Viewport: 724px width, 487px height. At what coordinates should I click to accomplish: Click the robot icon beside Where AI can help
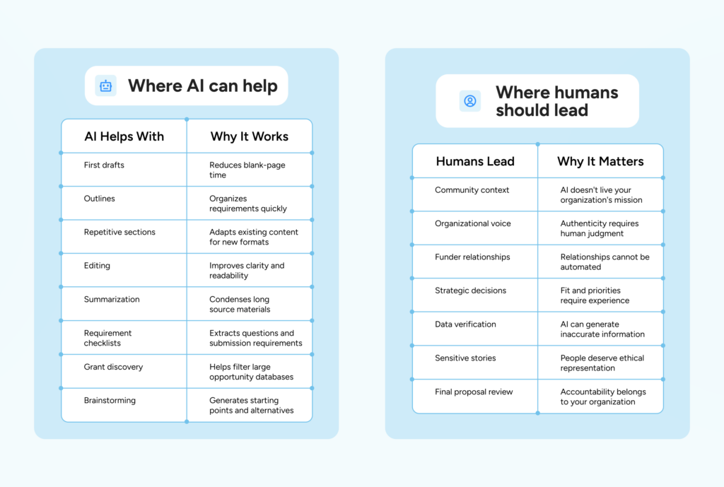pos(106,86)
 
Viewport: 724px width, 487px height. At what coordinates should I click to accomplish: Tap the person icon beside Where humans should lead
pos(470,101)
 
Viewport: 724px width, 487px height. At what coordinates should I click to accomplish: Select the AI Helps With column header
pos(124,136)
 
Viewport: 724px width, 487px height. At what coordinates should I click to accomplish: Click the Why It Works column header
pos(250,136)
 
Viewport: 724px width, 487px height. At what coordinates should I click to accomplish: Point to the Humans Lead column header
pos(475,162)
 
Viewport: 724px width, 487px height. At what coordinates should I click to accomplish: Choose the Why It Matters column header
pos(600,162)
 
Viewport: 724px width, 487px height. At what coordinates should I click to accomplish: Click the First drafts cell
pos(104,165)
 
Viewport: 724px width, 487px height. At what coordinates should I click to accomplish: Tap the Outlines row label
pos(99,199)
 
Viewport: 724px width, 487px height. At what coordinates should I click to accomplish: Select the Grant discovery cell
pos(113,367)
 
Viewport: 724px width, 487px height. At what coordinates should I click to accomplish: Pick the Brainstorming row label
pos(110,401)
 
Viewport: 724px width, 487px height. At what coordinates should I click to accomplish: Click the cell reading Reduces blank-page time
pos(247,170)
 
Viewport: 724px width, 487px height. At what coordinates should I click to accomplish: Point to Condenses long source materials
pos(240,304)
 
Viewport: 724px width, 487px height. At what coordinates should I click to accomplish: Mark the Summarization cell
pos(112,300)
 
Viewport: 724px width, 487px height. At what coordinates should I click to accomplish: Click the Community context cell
pos(472,190)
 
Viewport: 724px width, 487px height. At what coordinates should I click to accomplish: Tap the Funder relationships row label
pos(472,257)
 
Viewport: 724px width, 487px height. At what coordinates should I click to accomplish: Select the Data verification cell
pos(465,324)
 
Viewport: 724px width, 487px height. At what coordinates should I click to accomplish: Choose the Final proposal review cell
pos(474,392)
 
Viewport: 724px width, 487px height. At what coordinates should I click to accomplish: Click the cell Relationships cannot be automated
pos(605,262)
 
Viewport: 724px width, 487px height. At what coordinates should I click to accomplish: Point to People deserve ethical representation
pos(602,363)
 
